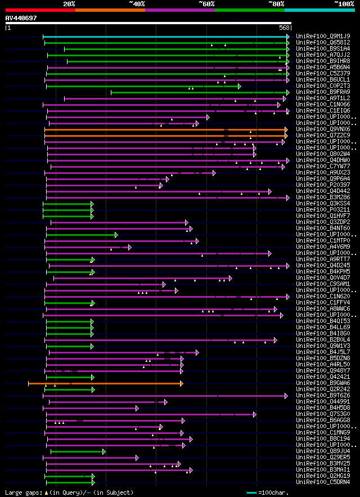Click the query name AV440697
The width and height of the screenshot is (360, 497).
21,18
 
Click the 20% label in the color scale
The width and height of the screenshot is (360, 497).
69,4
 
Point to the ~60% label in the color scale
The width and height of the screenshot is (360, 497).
206,4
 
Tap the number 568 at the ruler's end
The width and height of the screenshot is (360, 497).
284,28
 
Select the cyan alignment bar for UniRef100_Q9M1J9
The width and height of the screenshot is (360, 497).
166,37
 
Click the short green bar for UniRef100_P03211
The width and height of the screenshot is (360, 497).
67,210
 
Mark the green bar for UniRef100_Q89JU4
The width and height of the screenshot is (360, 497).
78,451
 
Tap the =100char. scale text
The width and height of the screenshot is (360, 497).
276,492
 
